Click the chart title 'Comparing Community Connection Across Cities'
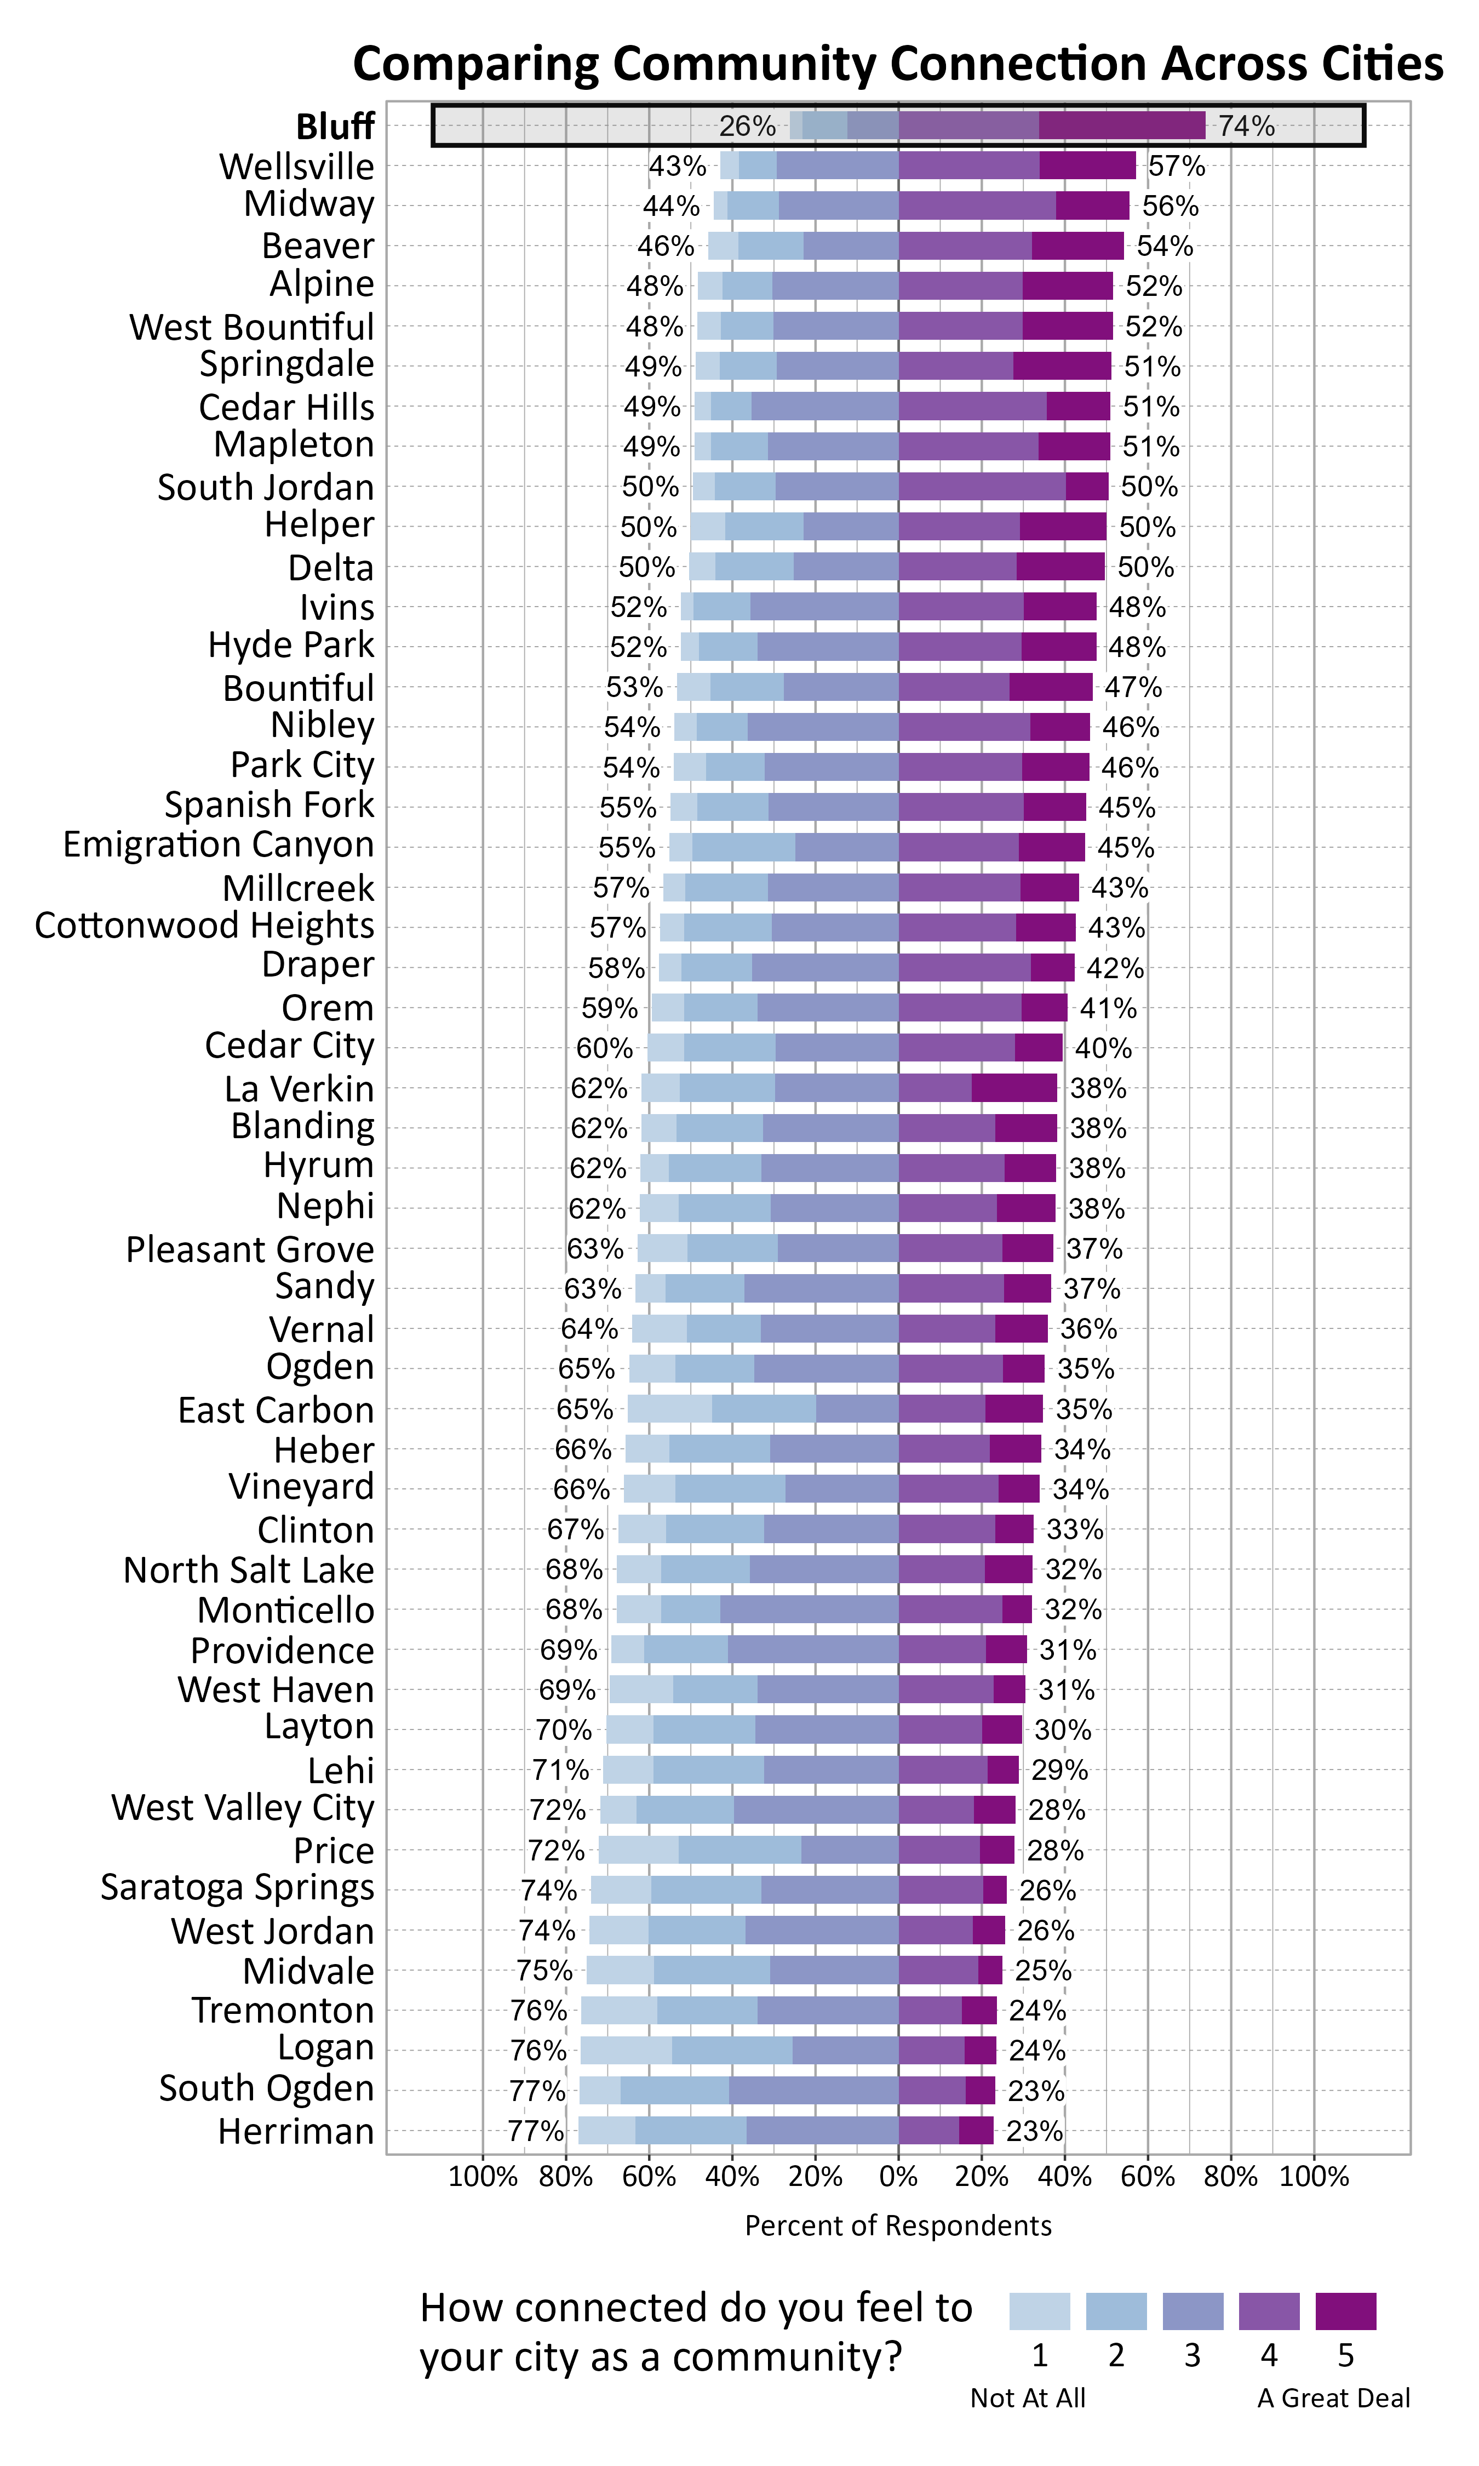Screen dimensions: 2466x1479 click(x=897, y=64)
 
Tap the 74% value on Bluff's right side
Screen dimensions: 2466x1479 click(x=1246, y=127)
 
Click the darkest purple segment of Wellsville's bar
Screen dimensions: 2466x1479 click(x=1087, y=165)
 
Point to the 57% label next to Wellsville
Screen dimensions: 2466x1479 click(x=1176, y=167)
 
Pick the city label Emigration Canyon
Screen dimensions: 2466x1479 click(x=218, y=844)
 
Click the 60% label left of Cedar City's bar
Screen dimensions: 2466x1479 click(x=604, y=1049)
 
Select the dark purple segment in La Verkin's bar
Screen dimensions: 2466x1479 click(x=1013, y=1088)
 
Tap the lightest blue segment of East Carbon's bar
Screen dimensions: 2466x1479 click(x=670, y=1409)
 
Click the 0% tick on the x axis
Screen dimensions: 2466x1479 click(x=898, y=2177)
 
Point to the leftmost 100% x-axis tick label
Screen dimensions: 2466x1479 click(x=483, y=2177)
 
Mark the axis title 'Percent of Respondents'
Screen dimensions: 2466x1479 click(x=898, y=2226)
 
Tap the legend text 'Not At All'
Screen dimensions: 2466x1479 click(x=1028, y=2398)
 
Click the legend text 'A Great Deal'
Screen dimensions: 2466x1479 click(x=1333, y=2398)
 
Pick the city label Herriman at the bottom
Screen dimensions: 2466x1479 click(x=296, y=2131)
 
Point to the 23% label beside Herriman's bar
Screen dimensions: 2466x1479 click(x=1034, y=2131)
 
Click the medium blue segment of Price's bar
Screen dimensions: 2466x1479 click(x=739, y=1850)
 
